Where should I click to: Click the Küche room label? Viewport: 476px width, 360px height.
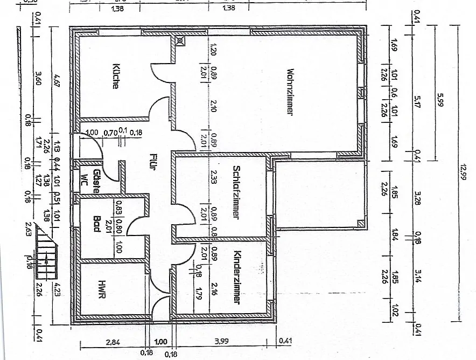(116, 77)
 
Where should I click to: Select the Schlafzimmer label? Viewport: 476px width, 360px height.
(236, 191)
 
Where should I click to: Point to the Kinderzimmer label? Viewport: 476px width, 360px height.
(236, 276)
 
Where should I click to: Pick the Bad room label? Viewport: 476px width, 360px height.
(97, 224)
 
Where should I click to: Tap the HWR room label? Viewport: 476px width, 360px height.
(102, 291)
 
